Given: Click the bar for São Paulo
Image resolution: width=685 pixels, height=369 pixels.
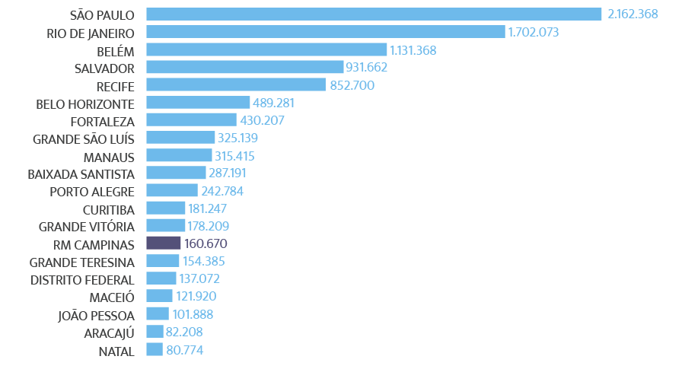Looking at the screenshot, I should coord(373,14).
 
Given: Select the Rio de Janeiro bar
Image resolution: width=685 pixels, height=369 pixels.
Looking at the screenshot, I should coord(325,32).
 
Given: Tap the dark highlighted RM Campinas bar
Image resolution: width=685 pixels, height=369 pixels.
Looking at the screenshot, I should coord(163,243).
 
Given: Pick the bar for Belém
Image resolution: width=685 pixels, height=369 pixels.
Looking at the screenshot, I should coord(266,50).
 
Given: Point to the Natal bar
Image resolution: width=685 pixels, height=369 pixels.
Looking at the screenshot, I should coord(154,350).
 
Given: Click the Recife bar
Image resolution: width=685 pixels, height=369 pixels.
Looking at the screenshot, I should coord(235,85).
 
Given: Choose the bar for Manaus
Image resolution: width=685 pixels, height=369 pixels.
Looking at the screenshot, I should coord(178,156).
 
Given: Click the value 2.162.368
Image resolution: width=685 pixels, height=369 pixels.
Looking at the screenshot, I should coord(632,14).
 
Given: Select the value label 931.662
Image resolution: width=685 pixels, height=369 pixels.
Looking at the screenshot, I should coord(367,68).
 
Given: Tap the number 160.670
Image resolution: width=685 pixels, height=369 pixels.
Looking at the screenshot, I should coord(206,244).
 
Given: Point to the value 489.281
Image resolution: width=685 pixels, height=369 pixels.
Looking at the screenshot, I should coord(273,103).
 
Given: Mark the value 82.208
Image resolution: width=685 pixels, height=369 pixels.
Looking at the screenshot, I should coord(184,332).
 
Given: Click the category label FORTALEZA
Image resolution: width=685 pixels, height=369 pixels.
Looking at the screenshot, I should coord(102,121).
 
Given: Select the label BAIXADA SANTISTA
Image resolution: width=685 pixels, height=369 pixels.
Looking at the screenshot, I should coord(81,174).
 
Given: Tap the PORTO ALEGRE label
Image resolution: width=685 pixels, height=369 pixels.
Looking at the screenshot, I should coord(92,192).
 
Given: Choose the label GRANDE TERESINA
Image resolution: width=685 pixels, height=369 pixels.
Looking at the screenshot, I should coord(82,262).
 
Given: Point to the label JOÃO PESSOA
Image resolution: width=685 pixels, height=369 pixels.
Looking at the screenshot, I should coord(97,315).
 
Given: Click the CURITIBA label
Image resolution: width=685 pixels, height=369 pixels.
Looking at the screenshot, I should coord(108,209).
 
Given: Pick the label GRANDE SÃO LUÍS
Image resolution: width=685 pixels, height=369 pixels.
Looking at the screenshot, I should coord(84,138).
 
